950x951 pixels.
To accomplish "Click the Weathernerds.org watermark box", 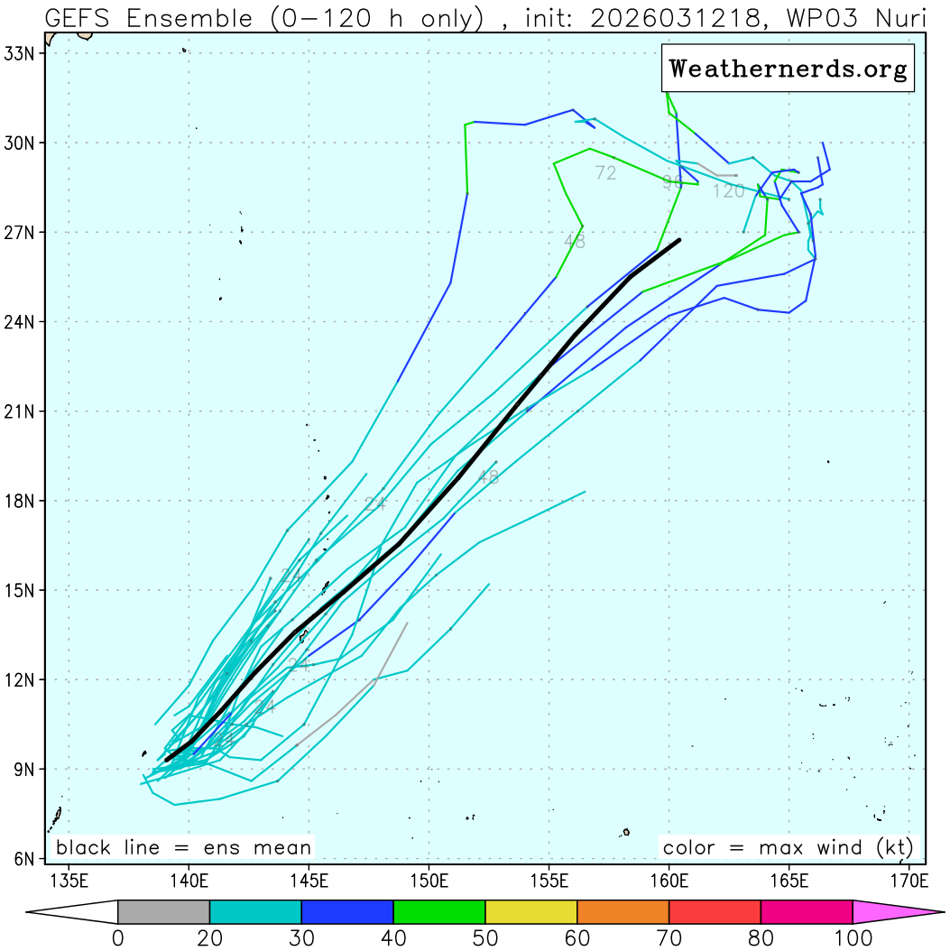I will pos(788,69).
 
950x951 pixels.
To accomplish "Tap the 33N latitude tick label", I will pos(18,53).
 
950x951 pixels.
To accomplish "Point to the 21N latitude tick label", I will pos(18,411).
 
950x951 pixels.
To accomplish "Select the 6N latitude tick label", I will pos(22,859).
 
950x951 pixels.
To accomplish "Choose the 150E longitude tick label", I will pos(429,880).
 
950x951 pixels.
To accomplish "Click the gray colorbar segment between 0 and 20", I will pos(163,912).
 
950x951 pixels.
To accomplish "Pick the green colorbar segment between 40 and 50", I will pos(439,912).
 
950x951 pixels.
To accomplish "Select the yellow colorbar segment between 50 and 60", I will pos(531,912).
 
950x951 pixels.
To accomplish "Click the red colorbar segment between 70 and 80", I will pos(715,912).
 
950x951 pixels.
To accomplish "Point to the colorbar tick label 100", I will pos(853,938).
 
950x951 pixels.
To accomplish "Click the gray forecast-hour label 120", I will pos(728,191).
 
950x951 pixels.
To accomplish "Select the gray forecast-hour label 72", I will pos(605,173).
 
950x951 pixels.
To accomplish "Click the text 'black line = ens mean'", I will pos(184,848).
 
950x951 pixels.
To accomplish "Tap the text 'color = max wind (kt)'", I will pos(788,848).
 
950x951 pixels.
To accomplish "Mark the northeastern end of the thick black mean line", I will pos(678,241).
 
